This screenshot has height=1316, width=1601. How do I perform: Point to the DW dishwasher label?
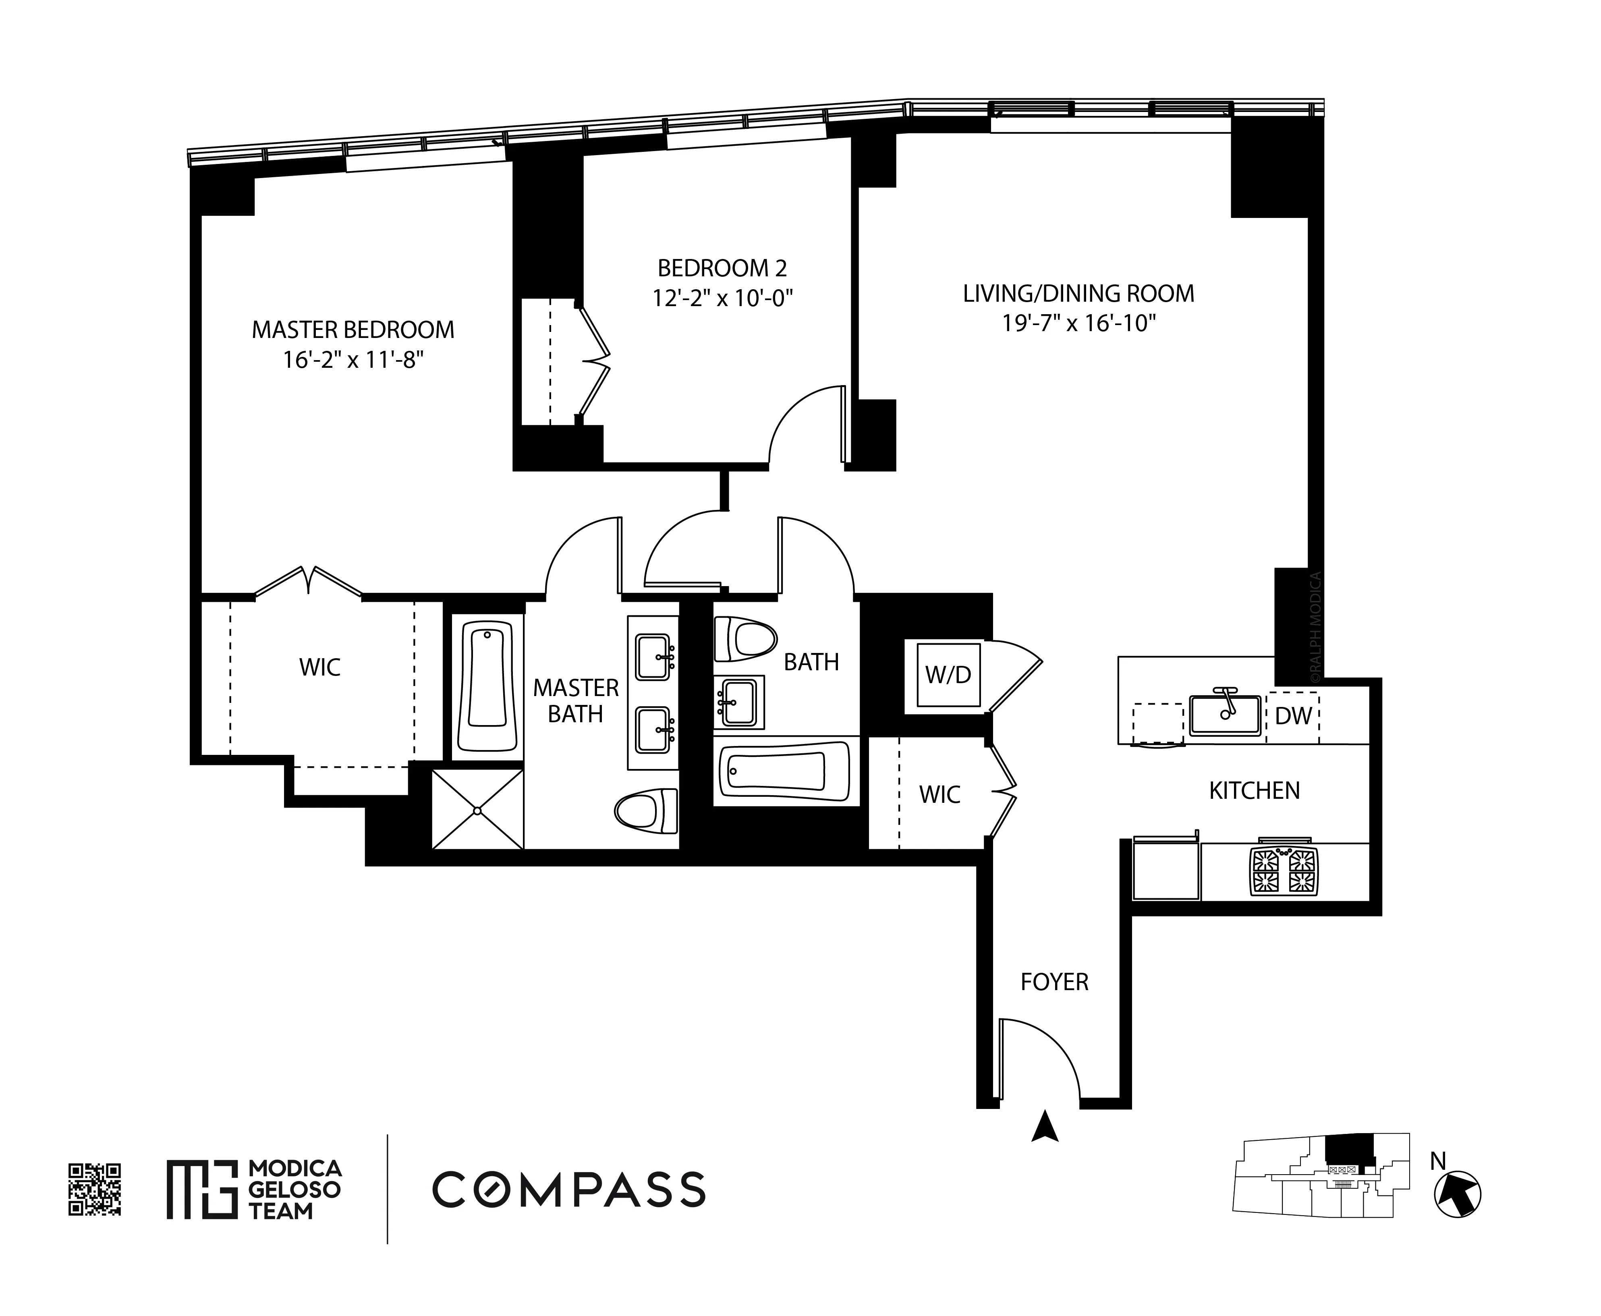[x=1293, y=716]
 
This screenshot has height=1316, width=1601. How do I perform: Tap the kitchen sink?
[x=1224, y=714]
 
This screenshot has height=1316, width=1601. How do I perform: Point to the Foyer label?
[x=1054, y=982]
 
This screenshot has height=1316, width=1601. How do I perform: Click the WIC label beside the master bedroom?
[x=320, y=667]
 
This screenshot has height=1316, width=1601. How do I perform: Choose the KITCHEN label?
[x=1254, y=791]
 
